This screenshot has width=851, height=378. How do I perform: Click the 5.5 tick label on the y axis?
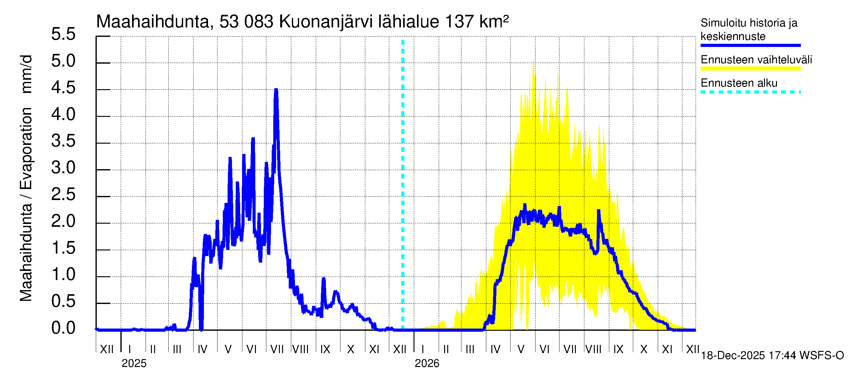tap(63, 34)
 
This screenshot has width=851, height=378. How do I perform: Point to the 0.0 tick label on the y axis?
tap(63, 328)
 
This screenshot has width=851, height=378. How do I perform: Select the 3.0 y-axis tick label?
tap(63, 168)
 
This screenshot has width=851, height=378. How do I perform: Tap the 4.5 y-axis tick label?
tap(63, 88)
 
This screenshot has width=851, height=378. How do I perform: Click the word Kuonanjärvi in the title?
tap(326, 22)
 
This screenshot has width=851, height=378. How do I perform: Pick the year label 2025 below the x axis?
tap(134, 364)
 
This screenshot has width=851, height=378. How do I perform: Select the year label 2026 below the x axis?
tap(427, 364)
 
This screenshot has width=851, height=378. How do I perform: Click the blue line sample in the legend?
tap(750, 46)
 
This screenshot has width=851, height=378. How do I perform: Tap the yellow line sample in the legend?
tap(750, 69)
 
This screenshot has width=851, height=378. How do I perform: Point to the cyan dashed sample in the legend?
tap(750, 92)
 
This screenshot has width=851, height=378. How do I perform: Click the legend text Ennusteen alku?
tap(739, 83)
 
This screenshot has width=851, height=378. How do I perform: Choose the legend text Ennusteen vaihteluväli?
tap(756, 60)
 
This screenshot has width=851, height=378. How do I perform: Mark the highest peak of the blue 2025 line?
tap(276, 89)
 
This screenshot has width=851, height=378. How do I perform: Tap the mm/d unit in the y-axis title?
tap(26, 74)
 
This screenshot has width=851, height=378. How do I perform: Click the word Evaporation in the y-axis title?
tap(26, 148)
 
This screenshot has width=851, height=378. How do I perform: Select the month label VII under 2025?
tap(277, 349)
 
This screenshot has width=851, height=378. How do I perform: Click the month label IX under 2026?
tap(618, 349)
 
